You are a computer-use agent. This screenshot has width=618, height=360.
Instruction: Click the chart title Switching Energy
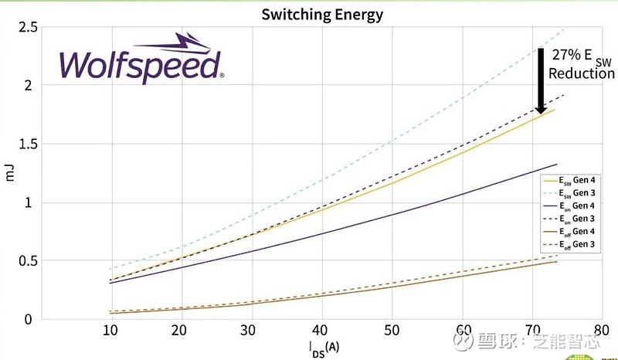pyautogui.click(x=321, y=14)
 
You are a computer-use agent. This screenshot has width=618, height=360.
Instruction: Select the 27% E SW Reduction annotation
pyautogui.click(x=582, y=63)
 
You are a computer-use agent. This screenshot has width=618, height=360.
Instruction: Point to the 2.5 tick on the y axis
pyautogui.click(x=29, y=28)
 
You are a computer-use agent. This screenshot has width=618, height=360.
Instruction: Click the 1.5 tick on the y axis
pyautogui.click(x=29, y=144)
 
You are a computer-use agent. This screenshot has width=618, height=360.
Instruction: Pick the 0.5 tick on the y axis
pyautogui.click(x=29, y=260)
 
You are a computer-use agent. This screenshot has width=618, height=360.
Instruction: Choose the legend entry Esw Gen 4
pyautogui.click(x=578, y=179)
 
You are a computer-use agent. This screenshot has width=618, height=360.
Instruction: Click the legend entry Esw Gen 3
pyautogui.click(x=578, y=192)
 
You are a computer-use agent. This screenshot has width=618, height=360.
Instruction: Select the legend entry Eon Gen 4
pyautogui.click(x=578, y=205)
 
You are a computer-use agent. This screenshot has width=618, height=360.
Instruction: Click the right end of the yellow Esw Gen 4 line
pyautogui.click(x=555, y=110)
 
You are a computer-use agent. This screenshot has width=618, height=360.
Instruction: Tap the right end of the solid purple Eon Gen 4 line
pyautogui.click(x=556, y=165)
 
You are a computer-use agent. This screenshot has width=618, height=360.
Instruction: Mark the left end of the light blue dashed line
pyautogui.click(x=110, y=269)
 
